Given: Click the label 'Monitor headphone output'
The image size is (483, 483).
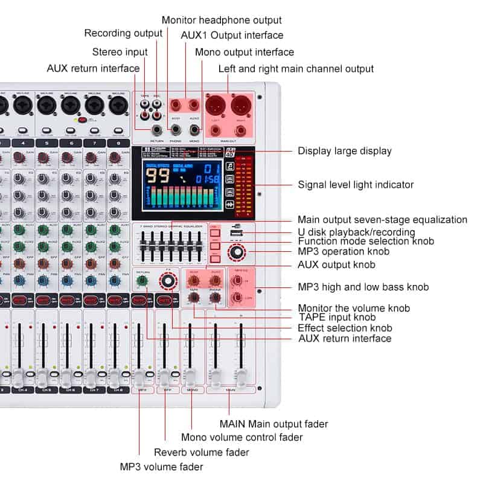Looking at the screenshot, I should click(222, 21).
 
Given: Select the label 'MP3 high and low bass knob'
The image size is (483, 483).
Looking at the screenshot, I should click(363, 287).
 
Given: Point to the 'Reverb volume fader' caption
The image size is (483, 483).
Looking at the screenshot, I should click(201, 452).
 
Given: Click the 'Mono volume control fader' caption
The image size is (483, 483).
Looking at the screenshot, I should click(242, 437).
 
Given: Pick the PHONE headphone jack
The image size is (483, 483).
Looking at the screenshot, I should click(176, 129).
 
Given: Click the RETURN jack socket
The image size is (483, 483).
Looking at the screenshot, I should click(159, 129).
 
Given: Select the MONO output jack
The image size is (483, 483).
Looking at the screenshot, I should click(194, 129).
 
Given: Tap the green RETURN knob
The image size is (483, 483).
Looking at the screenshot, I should click(143, 281).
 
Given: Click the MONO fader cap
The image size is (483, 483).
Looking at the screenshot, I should click(190, 376).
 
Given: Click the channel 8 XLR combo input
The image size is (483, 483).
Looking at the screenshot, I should click(118, 106).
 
